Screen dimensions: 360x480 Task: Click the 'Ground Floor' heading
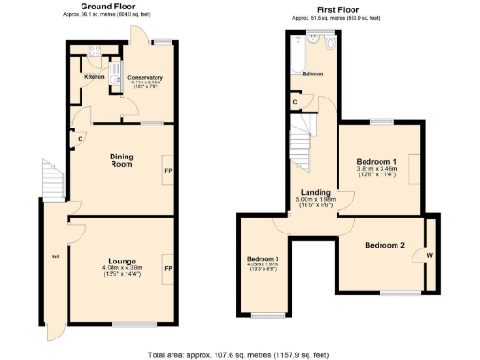112,7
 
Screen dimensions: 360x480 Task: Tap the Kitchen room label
94,77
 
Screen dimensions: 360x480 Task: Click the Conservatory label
145,77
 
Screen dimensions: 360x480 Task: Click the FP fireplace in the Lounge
169,268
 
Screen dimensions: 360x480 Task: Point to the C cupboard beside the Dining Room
82,142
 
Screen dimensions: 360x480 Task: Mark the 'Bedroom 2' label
384,245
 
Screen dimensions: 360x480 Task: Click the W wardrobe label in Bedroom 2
429,254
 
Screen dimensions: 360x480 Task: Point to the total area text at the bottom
240,355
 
